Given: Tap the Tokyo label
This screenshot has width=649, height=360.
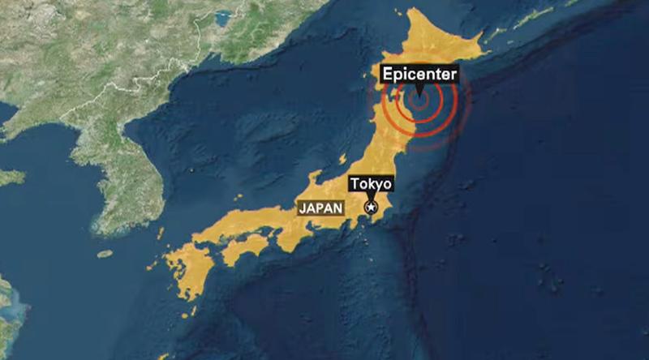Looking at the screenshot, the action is (371, 183).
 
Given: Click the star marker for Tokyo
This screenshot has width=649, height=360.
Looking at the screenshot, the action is (372, 208).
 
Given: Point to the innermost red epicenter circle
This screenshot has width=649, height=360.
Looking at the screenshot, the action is (419, 101).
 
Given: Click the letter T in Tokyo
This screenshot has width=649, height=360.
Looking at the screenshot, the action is (355, 183).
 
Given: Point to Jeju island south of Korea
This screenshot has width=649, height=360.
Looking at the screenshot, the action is (105, 254).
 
